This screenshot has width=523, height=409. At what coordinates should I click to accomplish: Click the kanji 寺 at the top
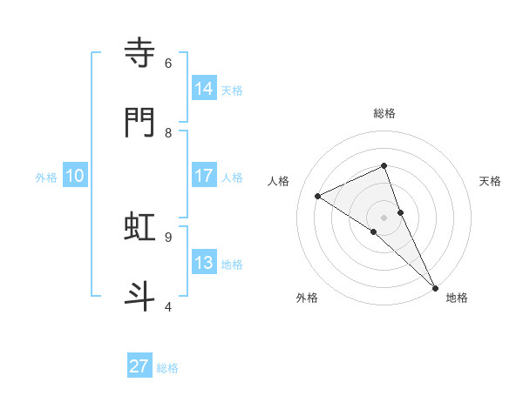(x=139, y=53)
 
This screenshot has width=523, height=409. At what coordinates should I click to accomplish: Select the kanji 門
(x=139, y=123)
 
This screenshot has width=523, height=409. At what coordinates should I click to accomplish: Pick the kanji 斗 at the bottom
(x=139, y=296)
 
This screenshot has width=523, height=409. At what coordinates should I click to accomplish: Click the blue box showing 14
(x=203, y=88)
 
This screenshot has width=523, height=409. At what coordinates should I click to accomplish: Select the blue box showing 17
(x=203, y=176)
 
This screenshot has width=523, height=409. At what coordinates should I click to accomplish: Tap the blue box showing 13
(x=203, y=263)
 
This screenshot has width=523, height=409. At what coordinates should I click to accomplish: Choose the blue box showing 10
(x=75, y=176)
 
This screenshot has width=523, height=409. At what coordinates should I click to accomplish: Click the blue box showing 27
(x=139, y=366)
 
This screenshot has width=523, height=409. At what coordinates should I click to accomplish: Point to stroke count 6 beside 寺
(x=168, y=64)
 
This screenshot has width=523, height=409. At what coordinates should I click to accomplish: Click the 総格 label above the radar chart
(x=384, y=113)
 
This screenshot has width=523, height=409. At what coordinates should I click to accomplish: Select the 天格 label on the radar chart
(x=491, y=181)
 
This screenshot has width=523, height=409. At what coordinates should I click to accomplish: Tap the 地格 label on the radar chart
(x=457, y=298)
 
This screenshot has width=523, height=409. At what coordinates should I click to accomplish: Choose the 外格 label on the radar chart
(x=307, y=298)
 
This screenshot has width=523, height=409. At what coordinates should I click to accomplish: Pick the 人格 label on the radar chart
(x=278, y=181)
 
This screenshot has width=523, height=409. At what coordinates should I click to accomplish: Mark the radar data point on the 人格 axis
(x=318, y=196)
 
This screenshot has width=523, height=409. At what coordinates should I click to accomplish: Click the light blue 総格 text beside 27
(x=167, y=368)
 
